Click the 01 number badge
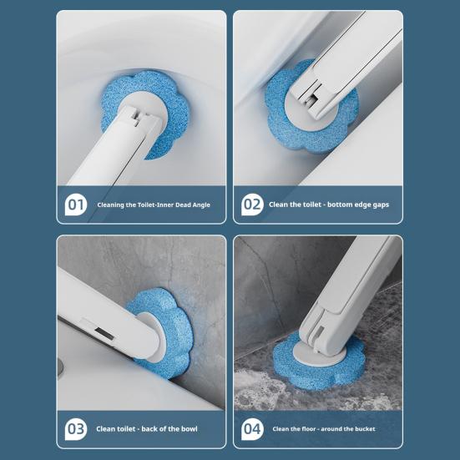(76, 205)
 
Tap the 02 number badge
(252, 205)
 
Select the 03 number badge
(76, 429)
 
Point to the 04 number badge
(252, 429)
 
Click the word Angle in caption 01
(200, 205)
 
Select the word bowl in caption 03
(190, 429)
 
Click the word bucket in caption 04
(364, 429)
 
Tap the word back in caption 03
(149, 429)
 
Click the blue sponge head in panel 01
(147, 114)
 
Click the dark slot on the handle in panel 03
(104, 334)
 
